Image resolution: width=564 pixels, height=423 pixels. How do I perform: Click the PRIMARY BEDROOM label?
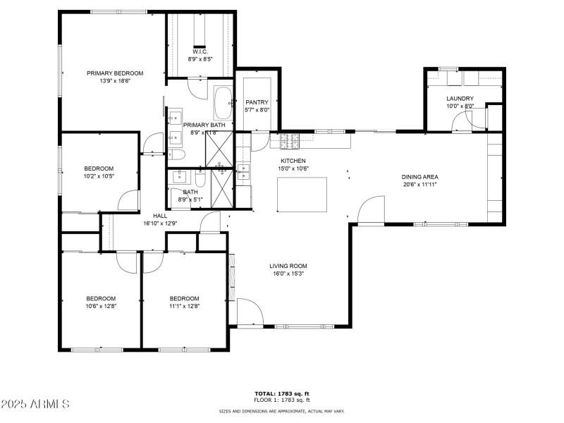(115, 73)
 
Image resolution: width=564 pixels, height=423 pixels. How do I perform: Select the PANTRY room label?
(257, 102)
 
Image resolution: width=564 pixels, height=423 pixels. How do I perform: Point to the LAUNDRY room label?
(460, 99)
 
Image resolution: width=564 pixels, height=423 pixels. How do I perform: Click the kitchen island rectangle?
(302, 194)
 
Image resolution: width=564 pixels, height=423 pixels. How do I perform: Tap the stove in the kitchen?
(290, 141)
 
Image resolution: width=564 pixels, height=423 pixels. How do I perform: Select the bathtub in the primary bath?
(223, 103)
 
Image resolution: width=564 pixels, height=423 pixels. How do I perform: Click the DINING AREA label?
(421, 177)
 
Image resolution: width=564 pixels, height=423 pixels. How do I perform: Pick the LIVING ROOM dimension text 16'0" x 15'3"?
(288, 275)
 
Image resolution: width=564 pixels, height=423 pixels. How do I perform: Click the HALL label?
(160, 216)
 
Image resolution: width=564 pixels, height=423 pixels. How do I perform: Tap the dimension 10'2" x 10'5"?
(99, 176)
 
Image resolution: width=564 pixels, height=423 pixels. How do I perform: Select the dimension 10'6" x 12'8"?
(101, 307)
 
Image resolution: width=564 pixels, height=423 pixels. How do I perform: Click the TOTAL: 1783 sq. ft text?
(281, 393)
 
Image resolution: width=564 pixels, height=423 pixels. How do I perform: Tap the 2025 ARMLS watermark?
(35, 404)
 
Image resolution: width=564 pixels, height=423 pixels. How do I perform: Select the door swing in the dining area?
(371, 210)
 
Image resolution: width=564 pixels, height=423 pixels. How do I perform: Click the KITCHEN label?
(293, 161)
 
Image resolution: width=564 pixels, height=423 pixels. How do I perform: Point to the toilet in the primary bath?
(177, 155)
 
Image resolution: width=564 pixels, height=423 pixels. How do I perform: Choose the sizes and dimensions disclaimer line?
(281, 410)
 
